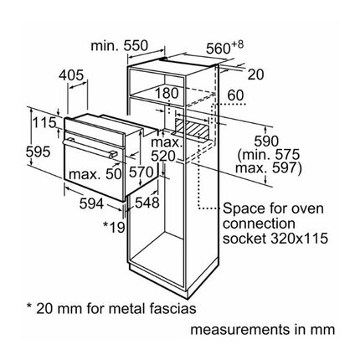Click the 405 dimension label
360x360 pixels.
[71, 75]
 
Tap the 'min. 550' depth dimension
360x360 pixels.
[119, 46]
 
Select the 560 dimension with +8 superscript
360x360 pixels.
[224, 48]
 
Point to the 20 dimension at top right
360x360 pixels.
[255, 75]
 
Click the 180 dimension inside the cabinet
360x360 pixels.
[167, 93]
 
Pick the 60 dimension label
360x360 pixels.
[236, 95]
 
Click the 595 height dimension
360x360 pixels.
[38, 152]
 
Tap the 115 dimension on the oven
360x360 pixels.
[44, 122]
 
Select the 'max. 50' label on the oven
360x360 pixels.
[95, 174]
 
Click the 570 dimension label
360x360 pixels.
[141, 172]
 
